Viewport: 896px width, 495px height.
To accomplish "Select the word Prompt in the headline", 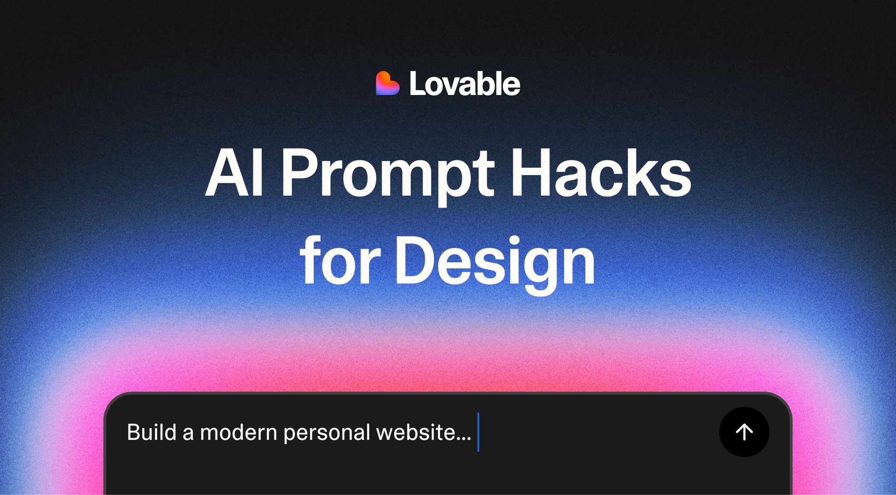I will (x=388, y=175).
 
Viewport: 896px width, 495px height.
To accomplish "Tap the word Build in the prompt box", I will (x=151, y=432).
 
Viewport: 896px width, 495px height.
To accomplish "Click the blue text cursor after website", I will (x=478, y=432).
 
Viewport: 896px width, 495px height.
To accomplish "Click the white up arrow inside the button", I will (x=744, y=432).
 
